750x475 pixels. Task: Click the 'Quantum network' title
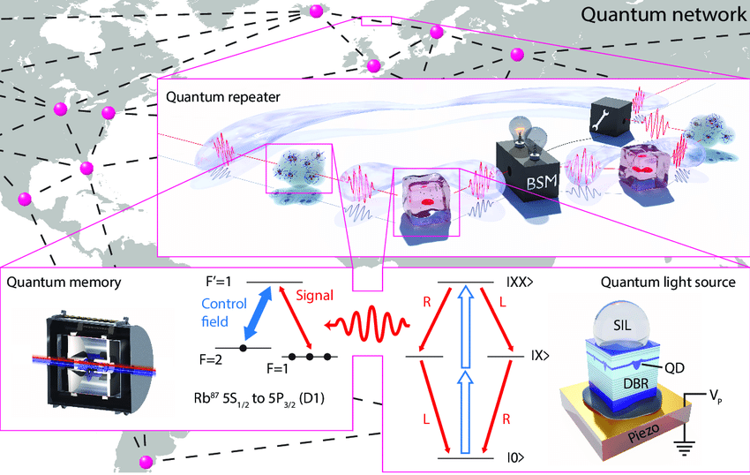pyautogui.click(x=662, y=15)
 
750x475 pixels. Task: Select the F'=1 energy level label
pyautogui.click(x=218, y=283)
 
